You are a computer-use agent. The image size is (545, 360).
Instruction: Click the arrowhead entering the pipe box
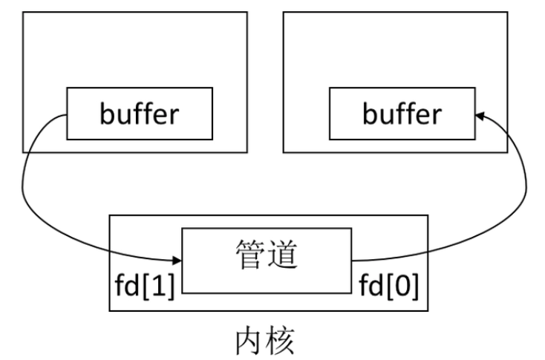(x=178, y=261)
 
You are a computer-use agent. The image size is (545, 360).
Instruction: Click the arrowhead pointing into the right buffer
(x=479, y=114)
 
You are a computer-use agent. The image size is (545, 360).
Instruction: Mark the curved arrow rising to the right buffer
(x=524, y=186)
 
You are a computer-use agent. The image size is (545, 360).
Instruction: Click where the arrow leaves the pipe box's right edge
(x=352, y=261)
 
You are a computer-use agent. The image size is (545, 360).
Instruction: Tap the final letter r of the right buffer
(x=434, y=115)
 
